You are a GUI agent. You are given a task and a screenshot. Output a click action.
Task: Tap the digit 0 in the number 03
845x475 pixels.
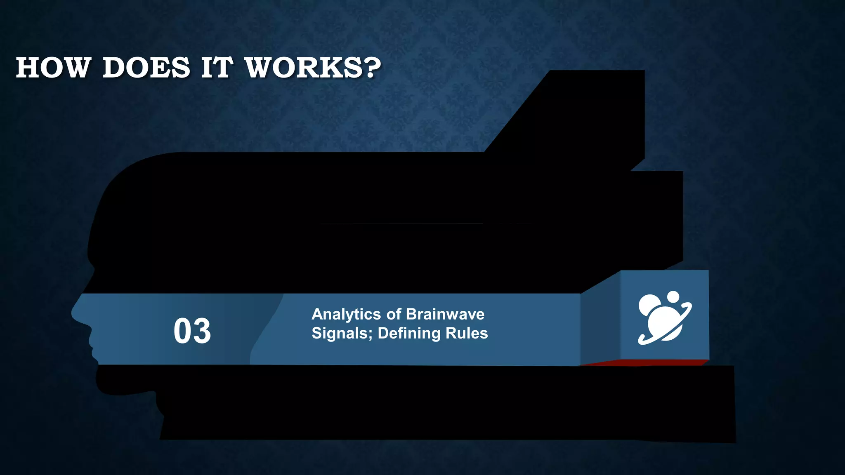(x=182, y=331)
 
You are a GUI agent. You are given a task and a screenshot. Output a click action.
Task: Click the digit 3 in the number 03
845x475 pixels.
(x=202, y=331)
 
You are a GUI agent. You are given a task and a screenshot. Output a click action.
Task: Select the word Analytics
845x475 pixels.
(x=346, y=315)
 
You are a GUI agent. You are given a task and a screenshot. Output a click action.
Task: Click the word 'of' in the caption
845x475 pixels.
(x=393, y=314)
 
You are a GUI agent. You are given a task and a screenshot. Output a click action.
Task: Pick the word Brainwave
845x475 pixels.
(x=445, y=314)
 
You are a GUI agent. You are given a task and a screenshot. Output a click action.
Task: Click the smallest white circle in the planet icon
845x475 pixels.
(x=673, y=296)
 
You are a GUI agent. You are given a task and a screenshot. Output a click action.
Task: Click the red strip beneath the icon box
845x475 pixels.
(x=644, y=363)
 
